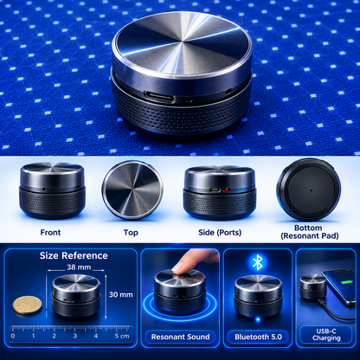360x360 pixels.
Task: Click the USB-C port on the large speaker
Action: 159,97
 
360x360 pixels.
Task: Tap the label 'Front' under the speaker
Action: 50,233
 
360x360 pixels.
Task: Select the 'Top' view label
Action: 131,233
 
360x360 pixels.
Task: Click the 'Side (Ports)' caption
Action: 220,233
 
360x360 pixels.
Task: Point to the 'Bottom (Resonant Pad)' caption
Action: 310,232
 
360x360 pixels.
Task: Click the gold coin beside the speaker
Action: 28,305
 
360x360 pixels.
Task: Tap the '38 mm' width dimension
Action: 79,267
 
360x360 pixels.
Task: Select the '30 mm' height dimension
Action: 121,294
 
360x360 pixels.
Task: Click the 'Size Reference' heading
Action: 74,255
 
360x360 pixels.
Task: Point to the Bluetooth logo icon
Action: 257,262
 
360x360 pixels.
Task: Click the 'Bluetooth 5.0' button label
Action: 258,337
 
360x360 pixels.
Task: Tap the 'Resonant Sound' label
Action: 180,337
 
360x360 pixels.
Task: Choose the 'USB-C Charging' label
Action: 326,335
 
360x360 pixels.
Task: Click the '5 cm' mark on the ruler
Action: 122,336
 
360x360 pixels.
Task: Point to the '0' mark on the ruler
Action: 13,336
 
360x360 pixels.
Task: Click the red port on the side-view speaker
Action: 227,190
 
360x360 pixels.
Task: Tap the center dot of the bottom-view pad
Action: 311,190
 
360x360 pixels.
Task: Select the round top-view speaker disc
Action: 132,190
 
